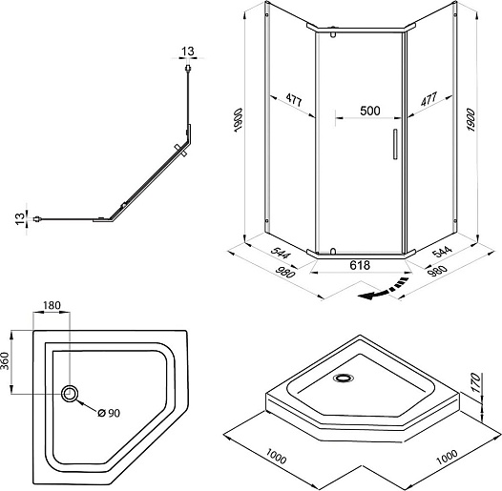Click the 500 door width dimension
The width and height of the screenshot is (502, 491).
coord(370,111)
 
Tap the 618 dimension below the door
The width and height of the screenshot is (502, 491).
coord(360,265)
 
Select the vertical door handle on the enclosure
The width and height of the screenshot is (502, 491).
coord(395,144)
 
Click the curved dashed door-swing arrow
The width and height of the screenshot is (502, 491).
coord(384,290)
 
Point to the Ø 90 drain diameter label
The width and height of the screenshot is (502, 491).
coord(109,413)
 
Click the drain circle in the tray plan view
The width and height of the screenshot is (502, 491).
coord(70,394)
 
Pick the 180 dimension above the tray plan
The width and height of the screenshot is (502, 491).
coord(52,305)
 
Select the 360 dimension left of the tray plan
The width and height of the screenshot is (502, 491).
coord(5,360)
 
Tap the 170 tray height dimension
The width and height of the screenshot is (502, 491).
coord(476,383)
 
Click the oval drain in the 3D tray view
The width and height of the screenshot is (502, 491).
coord(344,378)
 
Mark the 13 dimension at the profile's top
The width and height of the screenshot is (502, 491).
coord(188,51)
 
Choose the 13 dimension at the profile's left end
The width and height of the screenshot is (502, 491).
coord(20,218)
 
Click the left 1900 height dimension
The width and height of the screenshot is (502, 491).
coord(239,120)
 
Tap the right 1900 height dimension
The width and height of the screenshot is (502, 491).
coord(471,120)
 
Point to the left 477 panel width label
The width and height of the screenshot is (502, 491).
coord(294,99)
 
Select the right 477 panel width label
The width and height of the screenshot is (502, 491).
coord(429,99)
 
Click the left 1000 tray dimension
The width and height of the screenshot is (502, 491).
coord(276,457)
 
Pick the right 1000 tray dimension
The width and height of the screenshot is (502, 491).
coord(448,457)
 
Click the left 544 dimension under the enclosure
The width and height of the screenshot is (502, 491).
coord(281,252)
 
